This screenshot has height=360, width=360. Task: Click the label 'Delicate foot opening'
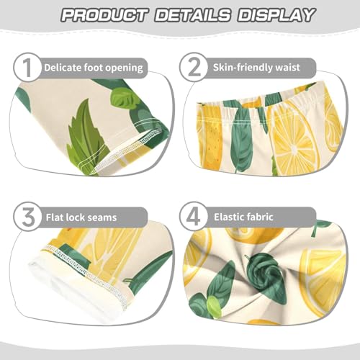point(93,68)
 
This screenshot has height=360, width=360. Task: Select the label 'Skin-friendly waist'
point(265,68)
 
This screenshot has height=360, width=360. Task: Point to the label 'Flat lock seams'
point(80,217)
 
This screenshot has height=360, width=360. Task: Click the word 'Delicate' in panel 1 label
point(63,68)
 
